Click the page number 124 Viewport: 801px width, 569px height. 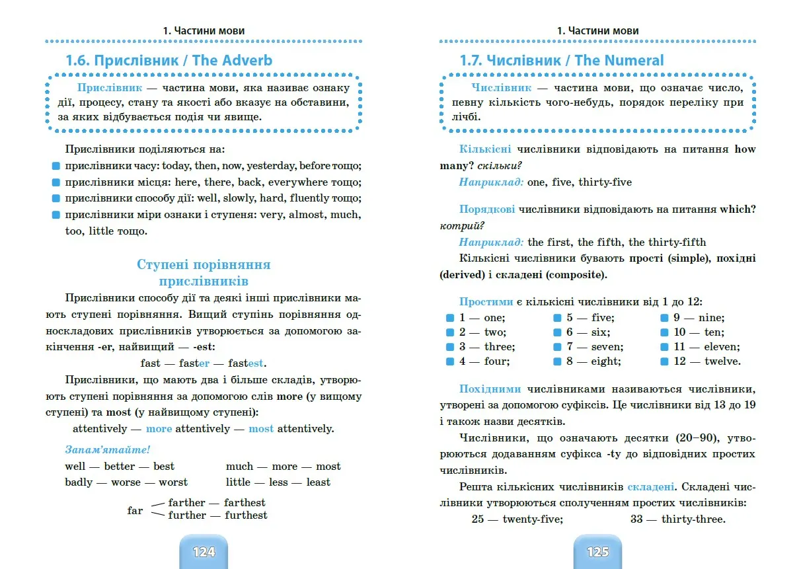204,552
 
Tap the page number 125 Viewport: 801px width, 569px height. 597,552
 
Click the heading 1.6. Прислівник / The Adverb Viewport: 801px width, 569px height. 169,60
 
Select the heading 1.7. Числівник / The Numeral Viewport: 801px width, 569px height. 562,60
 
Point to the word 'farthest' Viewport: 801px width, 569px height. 245,503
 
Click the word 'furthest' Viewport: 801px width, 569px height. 246,515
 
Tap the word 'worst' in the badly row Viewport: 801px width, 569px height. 173,482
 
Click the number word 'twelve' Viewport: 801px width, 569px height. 722,361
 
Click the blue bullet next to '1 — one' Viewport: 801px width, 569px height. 450,318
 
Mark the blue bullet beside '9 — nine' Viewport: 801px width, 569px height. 664,318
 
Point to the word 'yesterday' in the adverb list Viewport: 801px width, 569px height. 271,166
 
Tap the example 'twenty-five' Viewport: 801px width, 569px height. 533,519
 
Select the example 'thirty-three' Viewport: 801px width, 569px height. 693,519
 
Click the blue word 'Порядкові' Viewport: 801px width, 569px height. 488,209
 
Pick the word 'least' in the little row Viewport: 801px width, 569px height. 318,482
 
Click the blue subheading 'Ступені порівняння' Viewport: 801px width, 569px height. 204,265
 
